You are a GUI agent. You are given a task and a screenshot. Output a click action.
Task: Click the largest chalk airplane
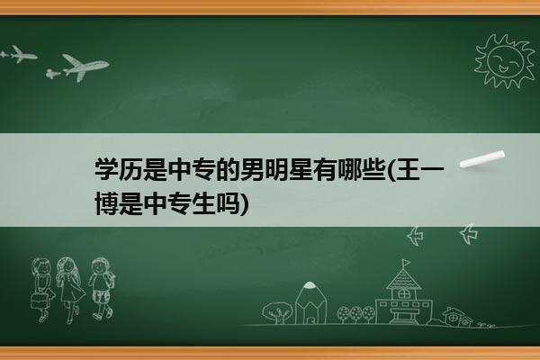tap(85, 67)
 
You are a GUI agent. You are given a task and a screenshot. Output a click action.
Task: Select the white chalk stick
tap(482, 159)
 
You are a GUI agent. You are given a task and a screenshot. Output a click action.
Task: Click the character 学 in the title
tap(106, 169)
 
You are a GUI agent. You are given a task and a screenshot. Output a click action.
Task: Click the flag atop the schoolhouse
tap(407, 263)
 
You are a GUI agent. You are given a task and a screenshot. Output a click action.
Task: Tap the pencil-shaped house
tap(310, 303)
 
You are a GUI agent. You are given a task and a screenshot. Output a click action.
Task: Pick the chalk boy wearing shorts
tap(101, 289)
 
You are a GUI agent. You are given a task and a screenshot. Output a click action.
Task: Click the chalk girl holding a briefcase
tap(42, 290)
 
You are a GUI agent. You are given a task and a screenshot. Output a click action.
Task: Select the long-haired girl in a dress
tap(70, 290)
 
